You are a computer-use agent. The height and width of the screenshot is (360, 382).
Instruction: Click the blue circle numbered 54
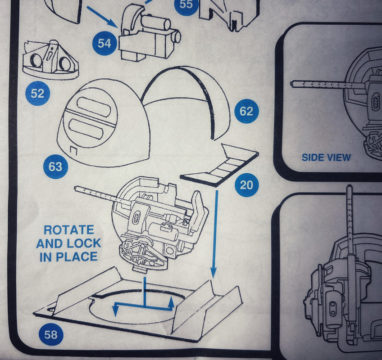(105, 43)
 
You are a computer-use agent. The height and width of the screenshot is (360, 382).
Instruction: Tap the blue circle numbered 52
(37, 94)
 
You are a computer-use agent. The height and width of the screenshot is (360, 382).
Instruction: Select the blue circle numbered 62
(246, 111)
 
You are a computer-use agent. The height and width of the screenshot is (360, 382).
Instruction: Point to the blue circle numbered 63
(55, 166)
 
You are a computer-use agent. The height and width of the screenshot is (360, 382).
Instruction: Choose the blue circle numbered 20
(246, 185)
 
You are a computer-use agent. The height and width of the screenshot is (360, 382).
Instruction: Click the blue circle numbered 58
(51, 335)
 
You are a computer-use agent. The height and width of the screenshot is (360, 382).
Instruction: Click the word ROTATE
(69, 230)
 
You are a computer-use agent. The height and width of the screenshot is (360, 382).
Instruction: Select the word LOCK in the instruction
(84, 243)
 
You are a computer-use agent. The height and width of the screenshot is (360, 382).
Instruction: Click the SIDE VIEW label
(326, 157)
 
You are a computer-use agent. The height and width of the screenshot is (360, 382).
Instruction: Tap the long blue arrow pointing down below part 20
(214, 234)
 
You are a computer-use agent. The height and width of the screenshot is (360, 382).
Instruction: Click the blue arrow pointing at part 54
(102, 17)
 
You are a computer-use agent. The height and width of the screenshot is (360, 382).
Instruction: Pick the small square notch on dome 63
(73, 150)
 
